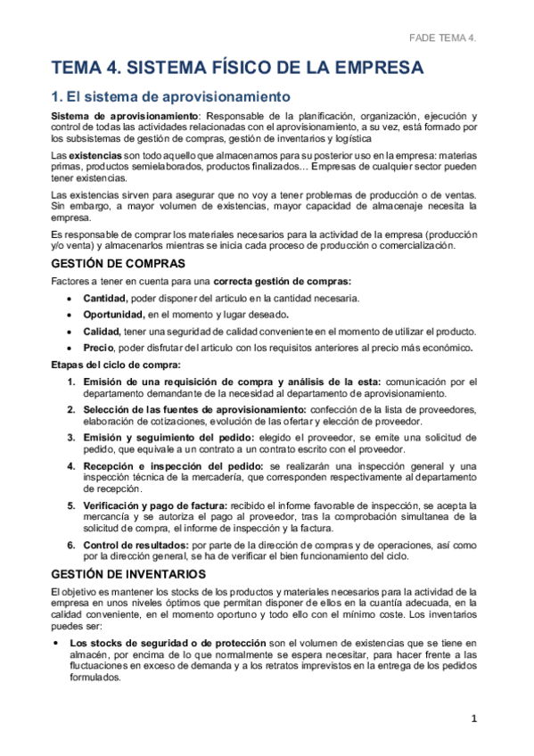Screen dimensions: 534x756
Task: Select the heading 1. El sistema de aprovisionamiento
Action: (170, 96)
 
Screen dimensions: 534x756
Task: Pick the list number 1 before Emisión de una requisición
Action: (72, 382)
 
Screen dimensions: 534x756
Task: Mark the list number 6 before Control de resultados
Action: (72, 545)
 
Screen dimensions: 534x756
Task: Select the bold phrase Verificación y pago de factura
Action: (155, 505)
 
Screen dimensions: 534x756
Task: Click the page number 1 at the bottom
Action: (475, 719)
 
